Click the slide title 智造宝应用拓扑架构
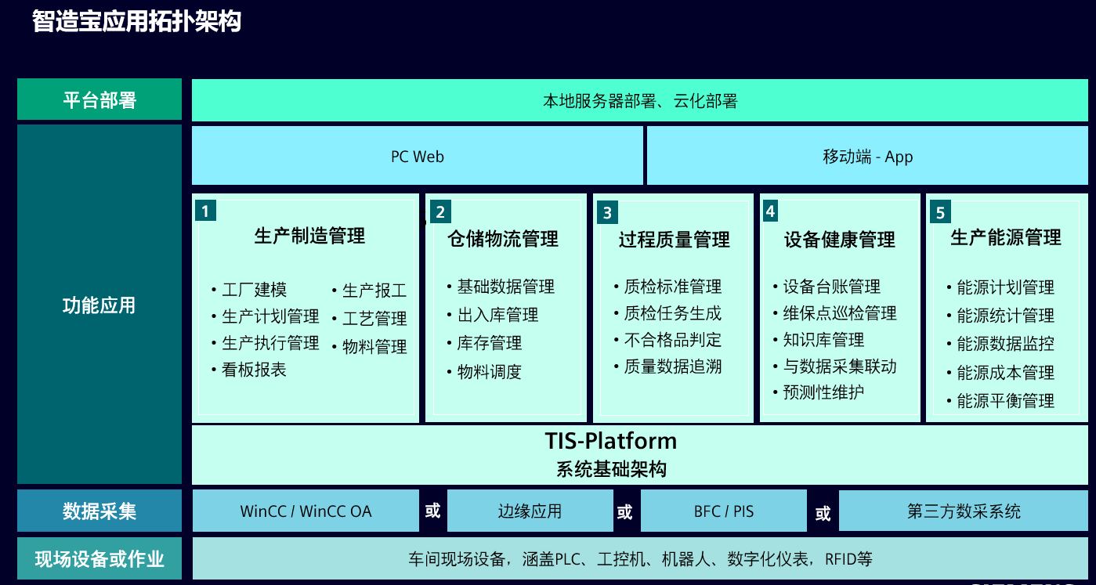(136, 21)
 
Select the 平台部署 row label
(99, 99)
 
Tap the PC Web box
(418, 156)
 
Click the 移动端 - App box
(867, 156)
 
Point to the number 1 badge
(205, 211)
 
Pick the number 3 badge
(607, 212)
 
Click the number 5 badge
(940, 211)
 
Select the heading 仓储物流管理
(503, 239)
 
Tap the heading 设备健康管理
(840, 240)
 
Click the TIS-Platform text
(611, 441)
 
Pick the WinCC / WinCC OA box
(306, 511)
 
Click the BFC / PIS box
(724, 511)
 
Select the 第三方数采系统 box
(964, 511)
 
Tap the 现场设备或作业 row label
(99, 558)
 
